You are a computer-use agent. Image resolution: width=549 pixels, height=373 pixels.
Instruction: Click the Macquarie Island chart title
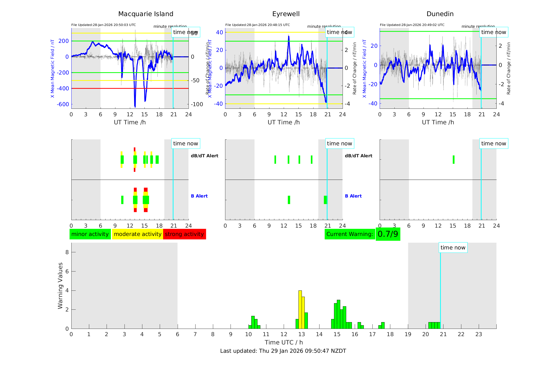click(145, 14)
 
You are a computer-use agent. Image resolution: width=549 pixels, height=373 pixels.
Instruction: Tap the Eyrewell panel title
click(286, 14)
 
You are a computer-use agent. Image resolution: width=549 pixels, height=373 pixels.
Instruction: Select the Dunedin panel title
click(440, 14)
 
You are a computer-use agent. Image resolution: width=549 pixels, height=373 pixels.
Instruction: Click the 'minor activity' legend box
click(90, 234)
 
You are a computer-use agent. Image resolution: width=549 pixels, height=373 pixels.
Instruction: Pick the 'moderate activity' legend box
click(137, 234)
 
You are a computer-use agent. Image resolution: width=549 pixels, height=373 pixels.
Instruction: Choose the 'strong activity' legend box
click(184, 234)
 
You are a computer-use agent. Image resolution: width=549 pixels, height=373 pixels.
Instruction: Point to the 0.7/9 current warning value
click(388, 234)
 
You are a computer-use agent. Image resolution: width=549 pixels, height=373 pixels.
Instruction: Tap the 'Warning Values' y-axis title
click(60, 286)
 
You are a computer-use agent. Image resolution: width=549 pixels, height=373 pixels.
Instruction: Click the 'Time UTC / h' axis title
click(284, 342)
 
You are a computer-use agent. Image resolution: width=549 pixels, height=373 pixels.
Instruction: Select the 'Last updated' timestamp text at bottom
click(283, 351)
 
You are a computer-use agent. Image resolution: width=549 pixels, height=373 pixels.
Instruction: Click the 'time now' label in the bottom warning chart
click(453, 248)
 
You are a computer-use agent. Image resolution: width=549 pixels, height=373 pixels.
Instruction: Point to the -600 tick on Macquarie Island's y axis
click(63, 104)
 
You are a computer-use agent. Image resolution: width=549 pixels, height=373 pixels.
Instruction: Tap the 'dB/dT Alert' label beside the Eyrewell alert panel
click(358, 156)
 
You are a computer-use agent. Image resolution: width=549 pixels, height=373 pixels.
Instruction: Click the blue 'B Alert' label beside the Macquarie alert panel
click(199, 196)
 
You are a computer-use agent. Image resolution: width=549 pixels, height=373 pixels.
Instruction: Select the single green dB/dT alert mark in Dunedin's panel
click(454, 160)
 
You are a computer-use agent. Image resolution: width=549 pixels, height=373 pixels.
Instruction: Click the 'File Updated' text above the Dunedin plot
click(412, 25)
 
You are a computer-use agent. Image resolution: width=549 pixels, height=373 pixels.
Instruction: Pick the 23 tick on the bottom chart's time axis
click(479, 334)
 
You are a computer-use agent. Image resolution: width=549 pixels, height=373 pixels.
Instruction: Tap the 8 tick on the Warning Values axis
click(67, 252)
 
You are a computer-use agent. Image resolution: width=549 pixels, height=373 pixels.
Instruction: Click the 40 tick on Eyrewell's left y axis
click(219, 32)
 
